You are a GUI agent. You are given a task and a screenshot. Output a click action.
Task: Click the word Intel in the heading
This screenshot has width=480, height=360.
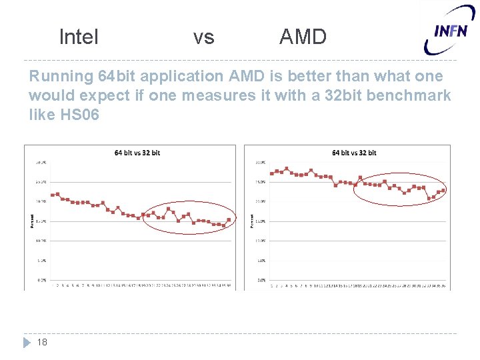[x=79, y=37]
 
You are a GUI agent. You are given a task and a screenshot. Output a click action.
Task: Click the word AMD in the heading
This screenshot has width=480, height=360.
[x=303, y=37]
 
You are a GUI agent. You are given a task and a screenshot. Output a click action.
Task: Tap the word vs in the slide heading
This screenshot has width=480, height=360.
[x=203, y=37]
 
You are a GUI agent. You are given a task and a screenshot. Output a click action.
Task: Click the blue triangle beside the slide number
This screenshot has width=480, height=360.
[x=27, y=342]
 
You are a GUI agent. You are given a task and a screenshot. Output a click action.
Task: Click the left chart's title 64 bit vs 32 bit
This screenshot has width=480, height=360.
[x=137, y=153]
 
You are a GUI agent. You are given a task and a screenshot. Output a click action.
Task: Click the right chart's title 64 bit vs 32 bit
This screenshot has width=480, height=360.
[x=354, y=153]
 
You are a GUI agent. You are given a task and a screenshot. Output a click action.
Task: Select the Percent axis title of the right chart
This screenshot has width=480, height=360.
[x=251, y=221]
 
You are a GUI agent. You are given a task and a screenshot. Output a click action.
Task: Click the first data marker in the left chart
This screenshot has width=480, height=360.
[x=53, y=195]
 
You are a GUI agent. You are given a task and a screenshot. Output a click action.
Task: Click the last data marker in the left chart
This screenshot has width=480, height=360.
[x=229, y=220]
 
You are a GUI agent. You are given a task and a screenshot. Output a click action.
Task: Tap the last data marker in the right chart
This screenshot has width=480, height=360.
[x=443, y=191]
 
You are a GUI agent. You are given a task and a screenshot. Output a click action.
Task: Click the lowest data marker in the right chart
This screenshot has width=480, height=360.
[x=429, y=198]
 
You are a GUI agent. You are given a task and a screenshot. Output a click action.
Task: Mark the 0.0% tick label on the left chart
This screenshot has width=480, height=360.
[x=42, y=281]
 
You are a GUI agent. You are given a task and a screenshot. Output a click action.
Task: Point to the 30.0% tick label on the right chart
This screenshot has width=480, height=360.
[x=261, y=162]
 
